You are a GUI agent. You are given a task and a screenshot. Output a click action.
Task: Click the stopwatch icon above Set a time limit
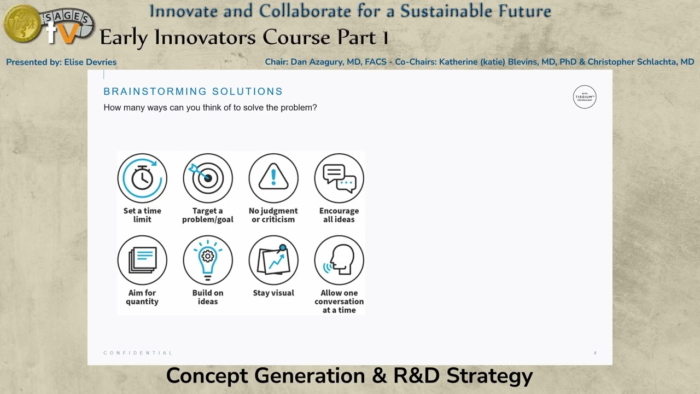tap(142, 178)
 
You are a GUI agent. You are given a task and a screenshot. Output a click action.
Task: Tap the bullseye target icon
tap(208, 178)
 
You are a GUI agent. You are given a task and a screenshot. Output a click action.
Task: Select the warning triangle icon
tap(273, 178)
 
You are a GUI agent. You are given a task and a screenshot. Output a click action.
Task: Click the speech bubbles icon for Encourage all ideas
tap(339, 178)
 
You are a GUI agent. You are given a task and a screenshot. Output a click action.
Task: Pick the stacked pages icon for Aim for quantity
tap(142, 260)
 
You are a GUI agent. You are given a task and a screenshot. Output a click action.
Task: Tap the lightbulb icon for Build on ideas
tap(208, 260)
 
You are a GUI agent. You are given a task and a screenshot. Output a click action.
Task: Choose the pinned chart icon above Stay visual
tap(273, 260)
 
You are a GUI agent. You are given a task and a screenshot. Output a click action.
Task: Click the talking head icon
tap(339, 260)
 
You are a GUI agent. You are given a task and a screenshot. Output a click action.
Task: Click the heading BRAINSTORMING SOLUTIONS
tap(193, 91)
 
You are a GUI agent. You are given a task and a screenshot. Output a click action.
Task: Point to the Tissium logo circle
tap(585, 97)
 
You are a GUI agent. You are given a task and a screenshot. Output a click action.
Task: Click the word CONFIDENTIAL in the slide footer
tap(138, 353)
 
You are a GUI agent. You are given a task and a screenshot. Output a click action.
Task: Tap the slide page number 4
tap(595, 353)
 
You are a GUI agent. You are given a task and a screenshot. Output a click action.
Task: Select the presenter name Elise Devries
tap(90, 62)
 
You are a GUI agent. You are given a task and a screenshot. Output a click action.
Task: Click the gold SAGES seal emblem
tap(22, 24)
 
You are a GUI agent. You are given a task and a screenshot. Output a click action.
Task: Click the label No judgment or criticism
tap(273, 215)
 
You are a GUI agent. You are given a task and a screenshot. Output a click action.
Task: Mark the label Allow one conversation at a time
tap(339, 302)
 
